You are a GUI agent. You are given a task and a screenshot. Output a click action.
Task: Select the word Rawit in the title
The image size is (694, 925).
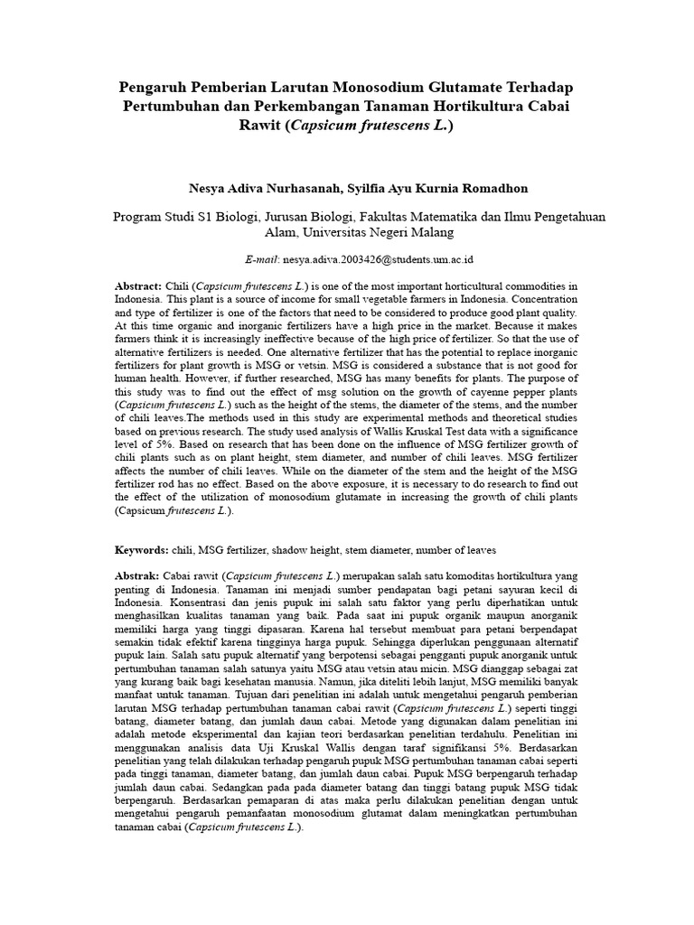click(260, 125)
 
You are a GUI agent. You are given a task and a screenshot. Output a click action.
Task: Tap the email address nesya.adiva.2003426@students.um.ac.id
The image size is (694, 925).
click(383, 258)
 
